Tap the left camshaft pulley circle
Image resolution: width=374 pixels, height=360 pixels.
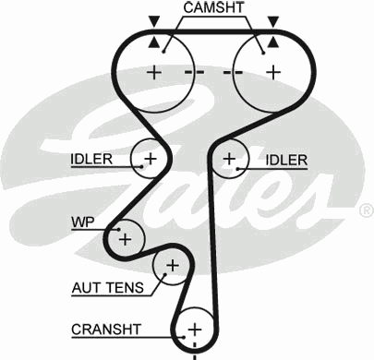click(x=155, y=71)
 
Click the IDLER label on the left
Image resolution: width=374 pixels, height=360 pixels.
click(x=90, y=159)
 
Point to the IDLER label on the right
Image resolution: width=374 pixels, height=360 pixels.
click(x=286, y=160)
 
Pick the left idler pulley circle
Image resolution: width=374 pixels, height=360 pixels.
click(x=149, y=158)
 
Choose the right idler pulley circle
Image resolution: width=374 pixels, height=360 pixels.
click(x=229, y=159)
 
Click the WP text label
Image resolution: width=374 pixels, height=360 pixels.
click(x=82, y=222)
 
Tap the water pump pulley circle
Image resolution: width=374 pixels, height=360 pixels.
click(x=126, y=238)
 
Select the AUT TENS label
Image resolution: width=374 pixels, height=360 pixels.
click(x=107, y=288)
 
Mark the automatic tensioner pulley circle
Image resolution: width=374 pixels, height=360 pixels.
click(x=170, y=267)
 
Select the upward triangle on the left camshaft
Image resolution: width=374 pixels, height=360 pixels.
click(x=153, y=42)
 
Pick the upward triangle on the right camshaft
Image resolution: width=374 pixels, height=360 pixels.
click(x=271, y=42)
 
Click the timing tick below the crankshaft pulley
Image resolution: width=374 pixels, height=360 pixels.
click(x=194, y=353)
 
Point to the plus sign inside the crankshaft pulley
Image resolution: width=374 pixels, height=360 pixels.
click(x=194, y=328)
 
